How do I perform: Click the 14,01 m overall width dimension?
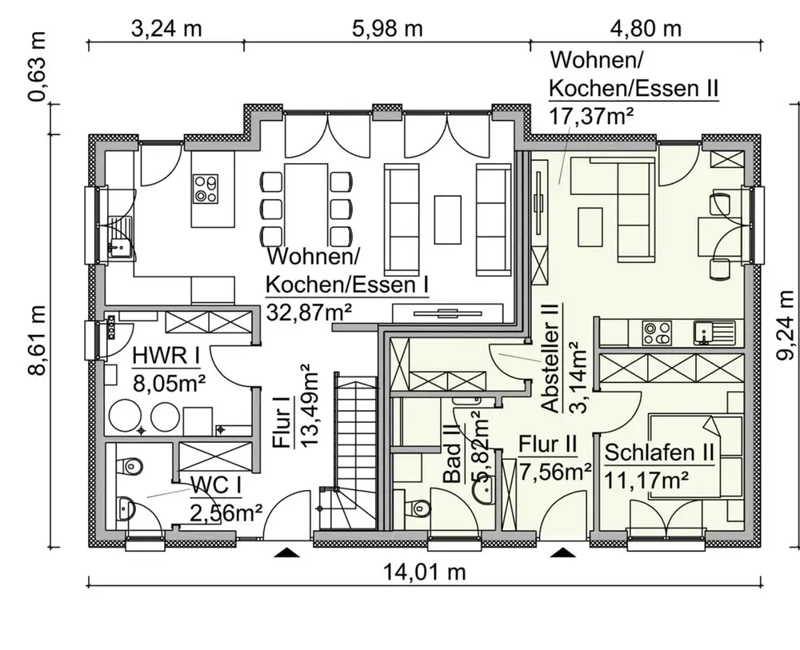425,572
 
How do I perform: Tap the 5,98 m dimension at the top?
388,29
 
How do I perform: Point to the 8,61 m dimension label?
37,341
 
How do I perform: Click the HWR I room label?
166,356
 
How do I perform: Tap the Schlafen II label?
659,453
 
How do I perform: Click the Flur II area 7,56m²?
555,473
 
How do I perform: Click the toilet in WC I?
130,465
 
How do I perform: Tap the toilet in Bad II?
419,508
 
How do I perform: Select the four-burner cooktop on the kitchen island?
206,188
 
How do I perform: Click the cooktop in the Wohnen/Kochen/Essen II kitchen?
657,333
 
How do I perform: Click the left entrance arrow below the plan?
286,552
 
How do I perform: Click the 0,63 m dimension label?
37,66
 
